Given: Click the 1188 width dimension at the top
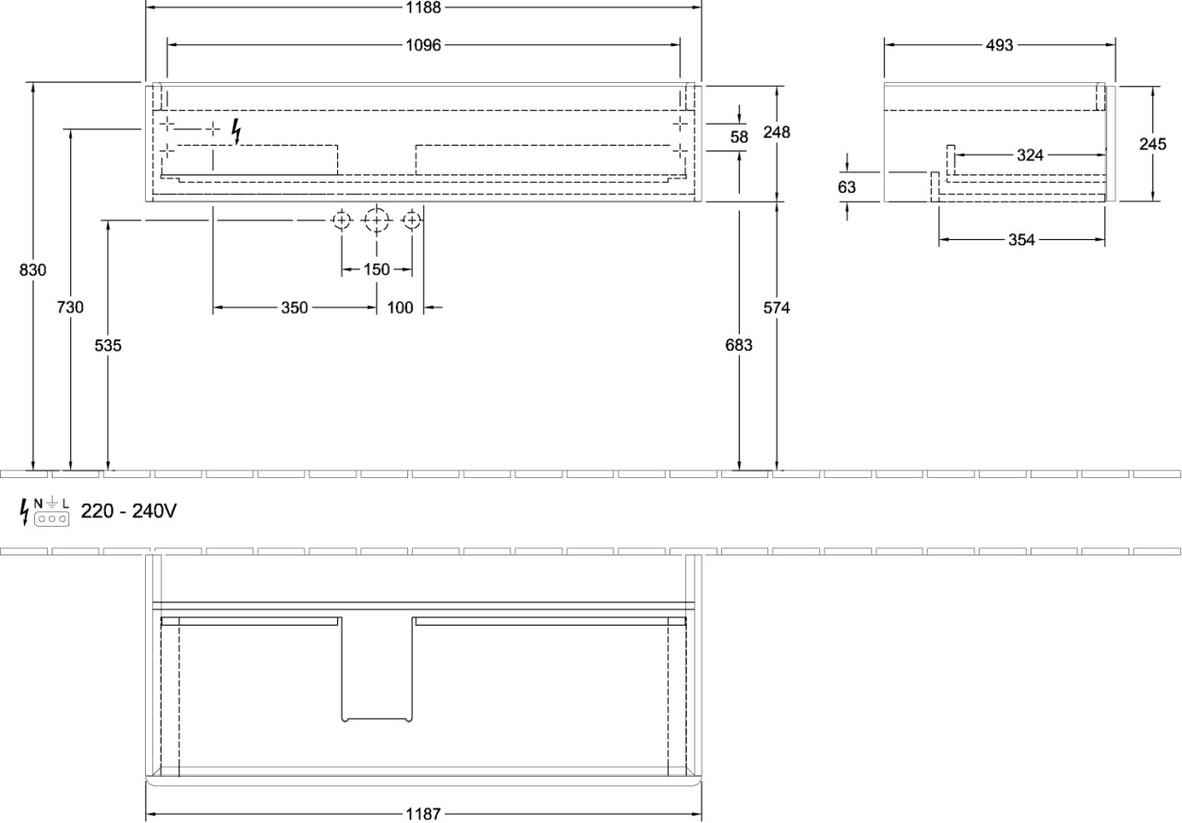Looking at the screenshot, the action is click(x=424, y=7).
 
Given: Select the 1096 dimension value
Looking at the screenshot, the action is click(x=424, y=44).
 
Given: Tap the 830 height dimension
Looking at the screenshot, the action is click(x=32, y=270).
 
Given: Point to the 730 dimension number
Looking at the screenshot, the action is click(x=70, y=307).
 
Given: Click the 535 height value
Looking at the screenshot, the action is click(x=108, y=345).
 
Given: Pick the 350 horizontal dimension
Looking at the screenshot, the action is click(x=295, y=308).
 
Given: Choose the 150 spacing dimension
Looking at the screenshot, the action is click(x=377, y=270).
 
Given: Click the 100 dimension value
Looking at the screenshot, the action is click(x=400, y=308).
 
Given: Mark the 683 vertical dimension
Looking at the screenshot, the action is click(x=740, y=345).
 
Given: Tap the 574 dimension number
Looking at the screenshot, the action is click(x=778, y=308).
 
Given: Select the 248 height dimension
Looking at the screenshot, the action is click(x=778, y=132).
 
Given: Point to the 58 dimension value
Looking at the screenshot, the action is click(x=740, y=137).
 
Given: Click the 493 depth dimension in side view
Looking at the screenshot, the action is click(x=999, y=44).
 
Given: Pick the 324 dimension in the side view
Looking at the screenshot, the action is click(x=1030, y=155).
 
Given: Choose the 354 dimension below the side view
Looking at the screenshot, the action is click(x=1021, y=240).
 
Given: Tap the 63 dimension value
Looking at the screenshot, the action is click(x=847, y=187).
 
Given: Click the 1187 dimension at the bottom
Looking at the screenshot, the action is click(x=424, y=814).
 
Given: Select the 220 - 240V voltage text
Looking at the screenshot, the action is click(x=129, y=511).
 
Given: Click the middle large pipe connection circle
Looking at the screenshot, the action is click(x=377, y=221).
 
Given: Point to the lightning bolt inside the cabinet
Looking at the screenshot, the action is click(x=237, y=133).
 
